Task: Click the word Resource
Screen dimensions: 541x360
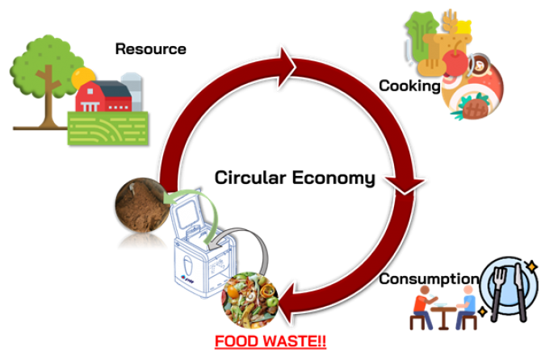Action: click(151, 49)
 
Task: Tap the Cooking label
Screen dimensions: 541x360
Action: click(409, 86)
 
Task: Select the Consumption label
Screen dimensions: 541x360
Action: click(429, 279)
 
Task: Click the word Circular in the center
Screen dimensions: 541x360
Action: click(250, 178)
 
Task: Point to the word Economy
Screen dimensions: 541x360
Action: click(333, 178)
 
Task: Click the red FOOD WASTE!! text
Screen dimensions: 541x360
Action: click(270, 341)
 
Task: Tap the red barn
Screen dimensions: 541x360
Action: click(103, 96)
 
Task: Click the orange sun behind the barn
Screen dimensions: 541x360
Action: click(82, 77)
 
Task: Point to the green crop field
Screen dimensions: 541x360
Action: click(108, 128)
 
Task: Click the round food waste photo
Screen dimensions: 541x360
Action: click(250, 299)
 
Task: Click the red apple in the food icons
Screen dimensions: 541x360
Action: click(455, 62)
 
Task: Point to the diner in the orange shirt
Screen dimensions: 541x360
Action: click(422, 307)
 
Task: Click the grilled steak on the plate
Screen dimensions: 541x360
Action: click(475, 108)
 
